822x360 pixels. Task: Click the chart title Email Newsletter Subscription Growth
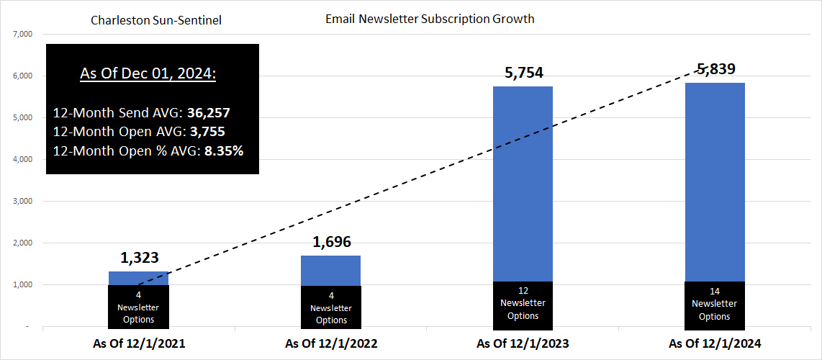point(430,19)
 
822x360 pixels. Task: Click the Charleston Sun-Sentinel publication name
point(156,20)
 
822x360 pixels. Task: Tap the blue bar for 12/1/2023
point(523,184)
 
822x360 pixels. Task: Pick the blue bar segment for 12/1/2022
point(331,271)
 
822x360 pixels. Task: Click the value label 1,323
point(139,258)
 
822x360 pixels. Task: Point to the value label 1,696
point(331,242)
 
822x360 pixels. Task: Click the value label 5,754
point(523,73)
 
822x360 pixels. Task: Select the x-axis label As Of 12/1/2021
point(139,344)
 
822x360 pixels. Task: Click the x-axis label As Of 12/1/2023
point(523,344)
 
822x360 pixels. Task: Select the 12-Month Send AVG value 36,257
point(208,114)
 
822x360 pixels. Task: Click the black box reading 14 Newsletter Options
point(715,304)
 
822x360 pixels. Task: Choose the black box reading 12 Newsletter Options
point(523,303)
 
